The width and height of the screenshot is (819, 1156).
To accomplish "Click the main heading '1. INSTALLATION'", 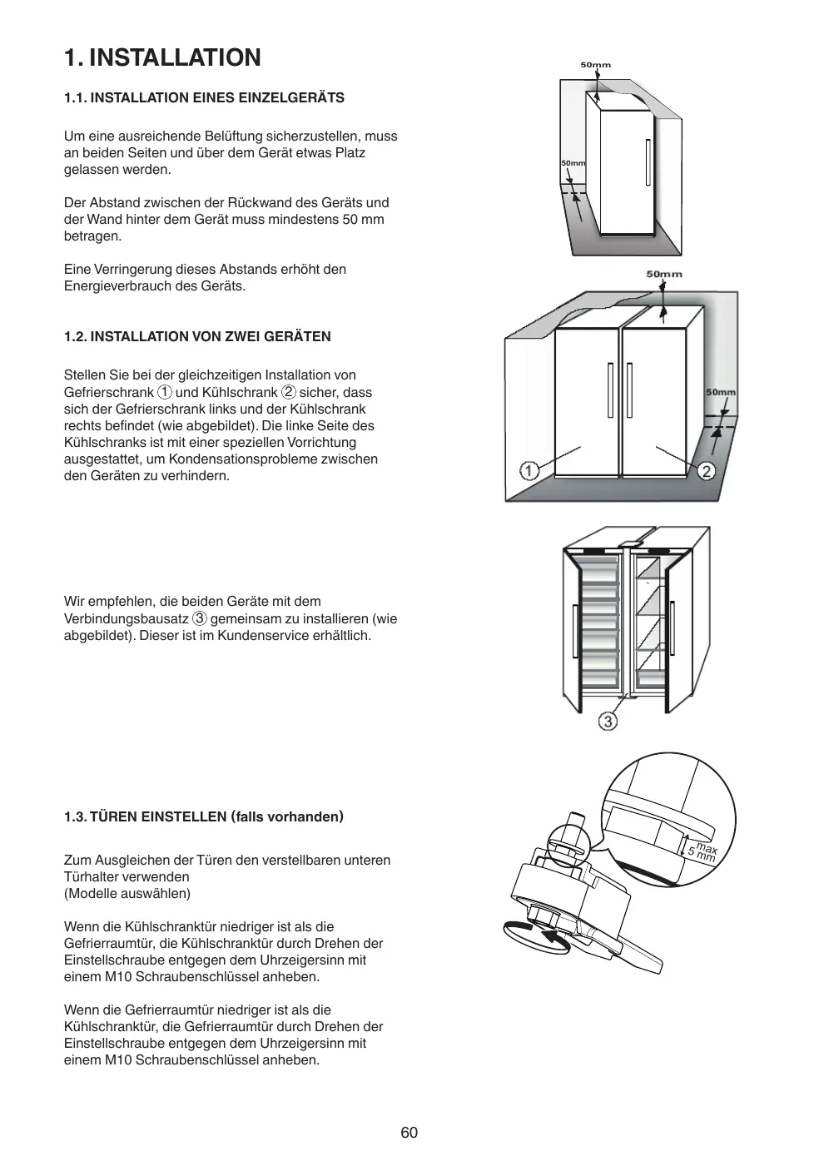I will pos(162,57).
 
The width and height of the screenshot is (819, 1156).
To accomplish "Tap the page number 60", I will pos(409,1133).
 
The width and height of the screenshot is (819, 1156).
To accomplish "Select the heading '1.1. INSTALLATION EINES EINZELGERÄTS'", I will pos(204,97).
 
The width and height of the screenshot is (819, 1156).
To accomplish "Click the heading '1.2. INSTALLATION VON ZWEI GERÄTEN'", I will pos(197,336).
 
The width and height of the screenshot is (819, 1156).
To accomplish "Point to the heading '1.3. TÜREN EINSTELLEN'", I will pos(204,816).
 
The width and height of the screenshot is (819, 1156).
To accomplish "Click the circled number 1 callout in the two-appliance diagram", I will pos(529,471).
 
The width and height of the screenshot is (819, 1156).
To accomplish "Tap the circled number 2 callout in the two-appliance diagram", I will pos(706,471).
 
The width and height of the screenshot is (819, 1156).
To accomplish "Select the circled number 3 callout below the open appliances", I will pos(608,721).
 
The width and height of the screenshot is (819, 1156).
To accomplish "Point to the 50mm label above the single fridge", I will pos(595,65).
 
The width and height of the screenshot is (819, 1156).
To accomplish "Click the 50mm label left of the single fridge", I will pos(573,163).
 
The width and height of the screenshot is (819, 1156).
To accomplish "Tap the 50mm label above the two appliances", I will pos(663,274).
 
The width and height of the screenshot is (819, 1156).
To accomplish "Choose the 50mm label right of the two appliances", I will pos(720,392).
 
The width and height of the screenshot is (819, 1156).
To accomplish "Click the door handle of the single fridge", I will pos(647,163).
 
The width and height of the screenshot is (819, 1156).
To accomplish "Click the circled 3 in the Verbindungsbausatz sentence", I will pos(200,618).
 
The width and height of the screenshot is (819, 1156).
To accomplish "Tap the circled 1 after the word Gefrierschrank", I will pos(165,392).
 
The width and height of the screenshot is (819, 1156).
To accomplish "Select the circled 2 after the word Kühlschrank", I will pos(288,392).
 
